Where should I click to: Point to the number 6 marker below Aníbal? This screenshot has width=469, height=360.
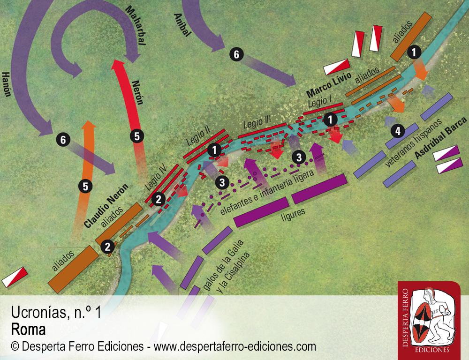(x=236, y=54)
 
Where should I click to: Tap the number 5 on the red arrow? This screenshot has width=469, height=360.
(x=137, y=136)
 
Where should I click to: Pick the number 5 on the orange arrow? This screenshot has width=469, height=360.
(x=85, y=187)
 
